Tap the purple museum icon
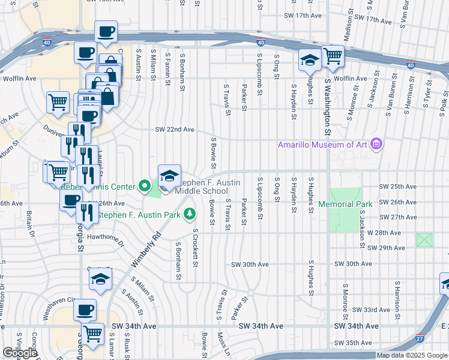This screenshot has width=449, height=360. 376,144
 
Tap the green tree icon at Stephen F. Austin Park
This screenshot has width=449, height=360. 190,214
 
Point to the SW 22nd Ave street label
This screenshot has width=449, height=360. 175,130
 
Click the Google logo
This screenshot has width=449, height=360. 20,353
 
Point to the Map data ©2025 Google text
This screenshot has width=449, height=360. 412,355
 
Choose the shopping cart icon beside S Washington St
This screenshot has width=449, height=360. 333,56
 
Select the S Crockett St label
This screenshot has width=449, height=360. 195,248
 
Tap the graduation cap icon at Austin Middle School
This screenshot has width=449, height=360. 169,175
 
